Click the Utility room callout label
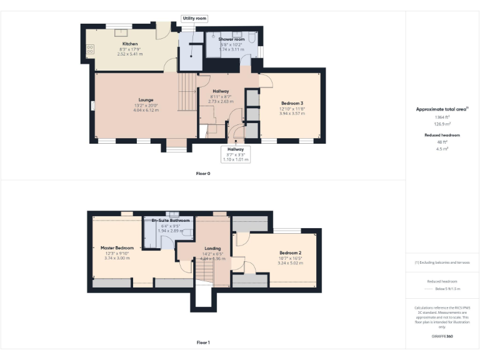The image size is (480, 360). click(x=194, y=19)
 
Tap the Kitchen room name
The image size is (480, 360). click(x=130, y=44)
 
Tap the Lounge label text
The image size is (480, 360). click(x=146, y=99)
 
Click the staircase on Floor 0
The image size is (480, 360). click(x=187, y=91)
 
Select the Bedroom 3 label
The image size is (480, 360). click(x=292, y=103)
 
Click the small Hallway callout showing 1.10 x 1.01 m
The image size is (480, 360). click(x=236, y=154)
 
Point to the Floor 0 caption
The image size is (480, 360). click(x=202, y=173)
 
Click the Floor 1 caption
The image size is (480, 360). click(x=202, y=342)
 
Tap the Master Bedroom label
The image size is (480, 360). click(x=117, y=247)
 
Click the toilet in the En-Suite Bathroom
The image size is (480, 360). click(x=187, y=232)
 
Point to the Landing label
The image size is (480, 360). click(x=212, y=248)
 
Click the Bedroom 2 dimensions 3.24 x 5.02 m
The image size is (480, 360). click(x=291, y=263)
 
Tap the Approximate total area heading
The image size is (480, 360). click(x=442, y=109)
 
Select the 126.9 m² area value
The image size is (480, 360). click(x=442, y=124)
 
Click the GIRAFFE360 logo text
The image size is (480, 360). click(x=442, y=337)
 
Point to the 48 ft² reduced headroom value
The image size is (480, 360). click(x=442, y=142)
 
